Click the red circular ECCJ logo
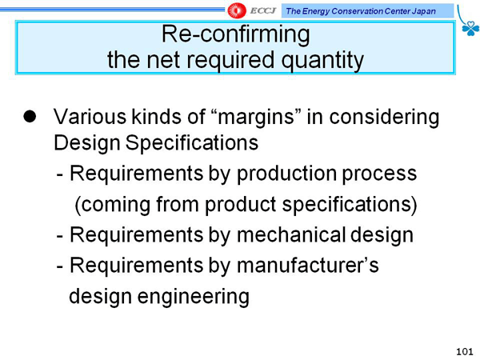pos(237,10)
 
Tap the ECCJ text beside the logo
pos(263,11)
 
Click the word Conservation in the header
pos(357,11)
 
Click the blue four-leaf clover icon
pos(470,29)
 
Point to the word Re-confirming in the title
pos(236,34)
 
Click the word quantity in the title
pos(322,60)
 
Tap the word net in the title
pos(163,60)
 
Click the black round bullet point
pos(30,116)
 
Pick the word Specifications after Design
pos(192,143)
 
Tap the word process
pos(379,174)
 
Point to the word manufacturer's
pos(308,265)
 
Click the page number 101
pos(465,352)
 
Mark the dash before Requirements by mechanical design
pos(60,236)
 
